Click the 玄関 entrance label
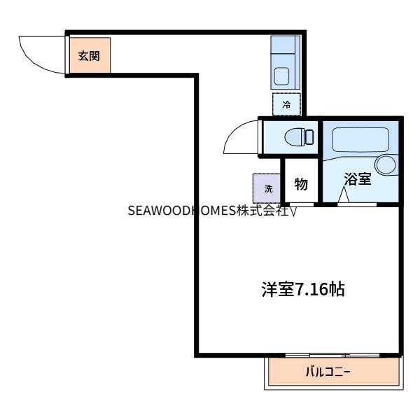click(x=88, y=55)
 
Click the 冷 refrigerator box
click(x=286, y=104)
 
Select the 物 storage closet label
click(x=302, y=183)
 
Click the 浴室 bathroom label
click(x=358, y=178)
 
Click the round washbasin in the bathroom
click(x=386, y=164)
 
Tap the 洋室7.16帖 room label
click(x=302, y=288)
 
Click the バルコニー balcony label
click(x=328, y=372)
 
